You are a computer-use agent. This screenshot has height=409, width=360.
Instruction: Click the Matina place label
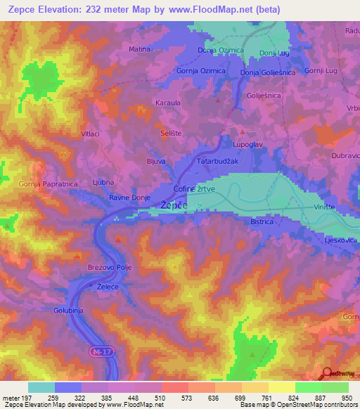coord(140,49)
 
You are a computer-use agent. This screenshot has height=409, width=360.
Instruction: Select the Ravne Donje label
coord(130,198)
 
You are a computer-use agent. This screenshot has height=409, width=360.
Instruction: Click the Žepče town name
coord(174,204)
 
